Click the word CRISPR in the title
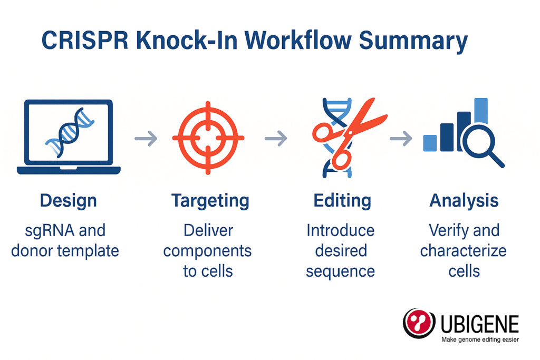click(85, 40)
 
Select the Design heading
click(69, 201)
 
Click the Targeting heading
click(210, 201)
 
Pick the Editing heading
click(342, 201)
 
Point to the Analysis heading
click(464, 200)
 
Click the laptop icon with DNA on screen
click(69, 137)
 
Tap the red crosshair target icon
click(208, 138)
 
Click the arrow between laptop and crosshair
click(146, 138)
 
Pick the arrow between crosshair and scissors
click(276, 138)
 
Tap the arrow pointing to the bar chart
click(401, 138)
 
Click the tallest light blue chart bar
click(481, 111)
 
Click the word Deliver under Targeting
click(208, 230)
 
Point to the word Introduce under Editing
click(341, 230)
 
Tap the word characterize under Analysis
click(463, 251)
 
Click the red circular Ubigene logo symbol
click(419, 323)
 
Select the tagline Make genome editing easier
click(480, 339)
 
